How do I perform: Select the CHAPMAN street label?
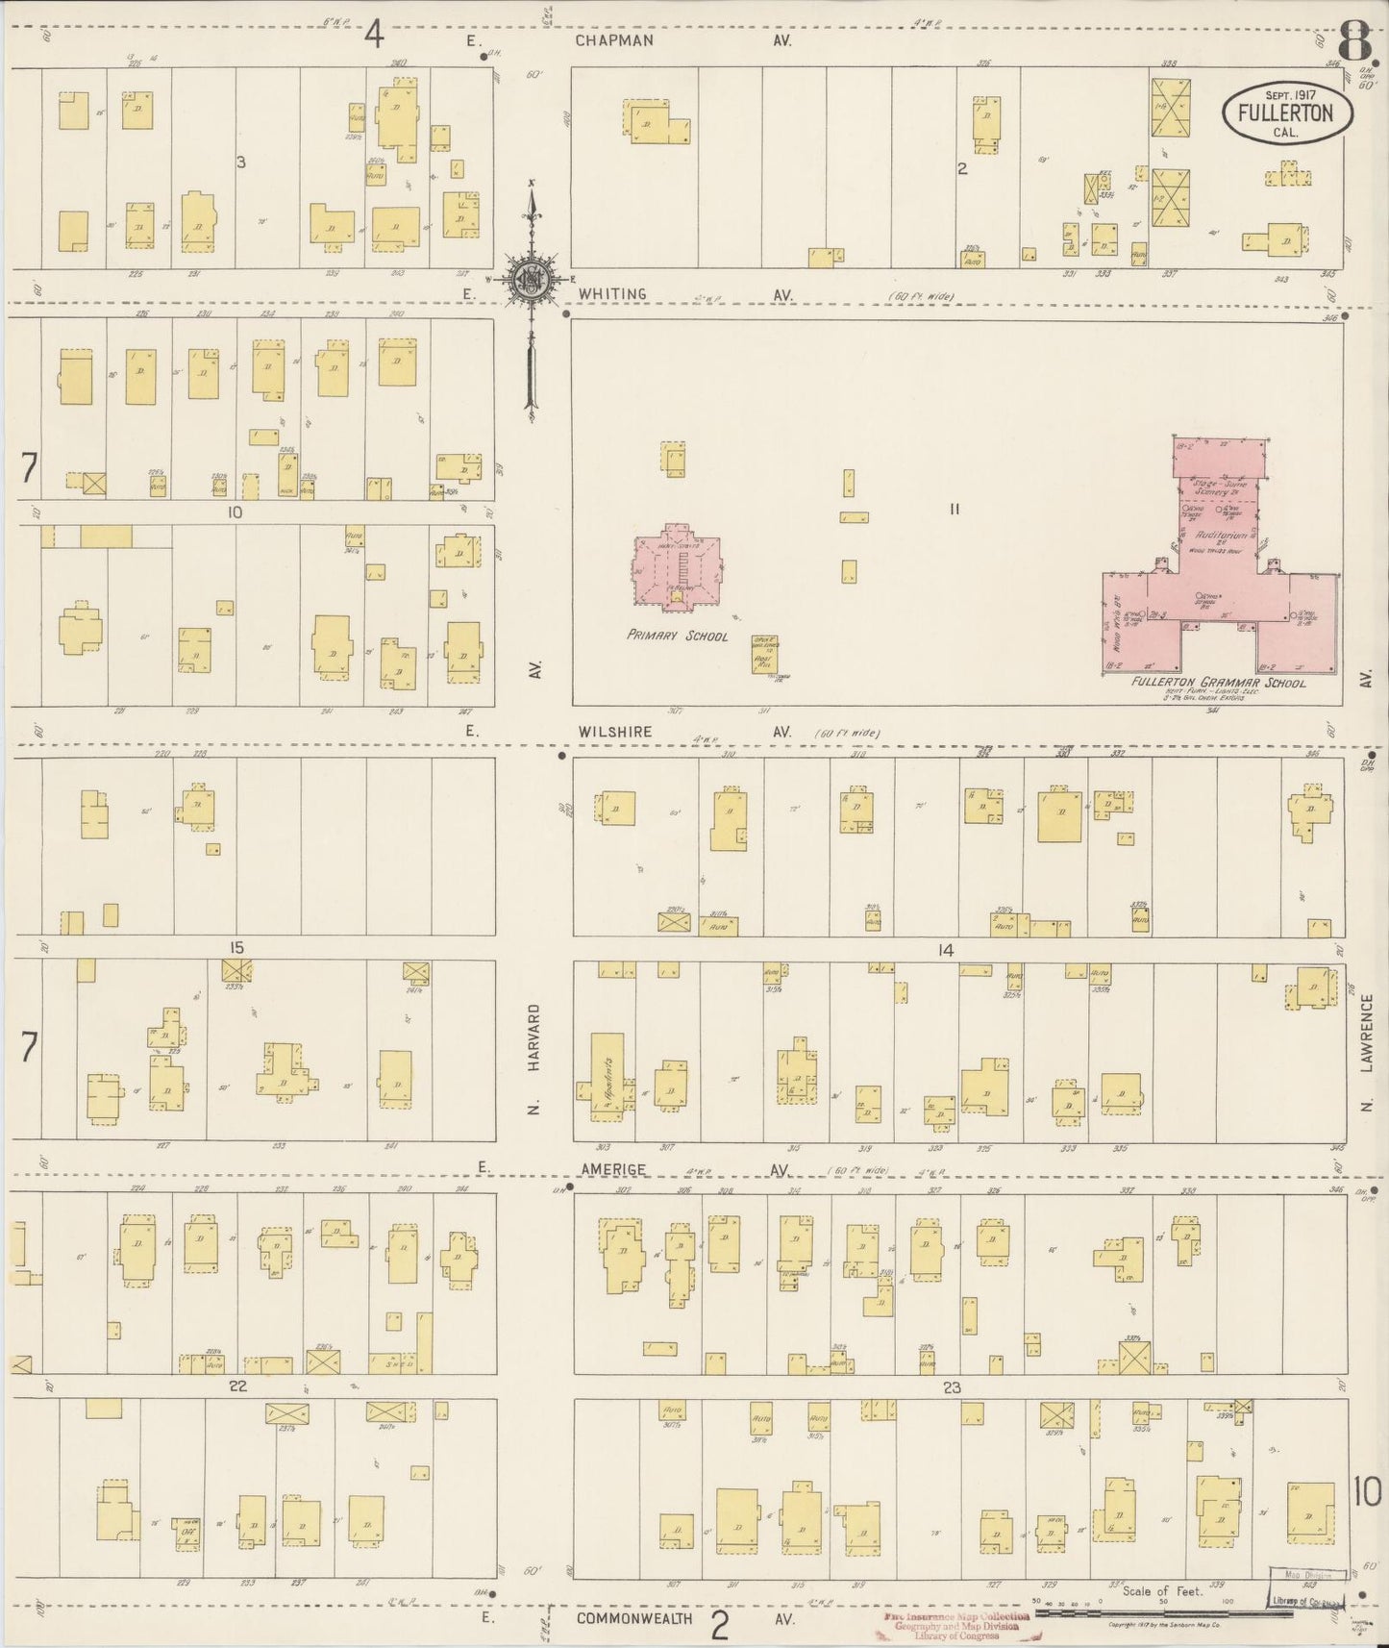614,40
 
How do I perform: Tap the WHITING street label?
612,294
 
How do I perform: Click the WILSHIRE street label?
614,732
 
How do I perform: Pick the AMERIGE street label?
611,1169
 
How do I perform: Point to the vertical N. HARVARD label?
535,1060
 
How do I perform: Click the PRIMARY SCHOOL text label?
677,636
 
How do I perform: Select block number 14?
945,950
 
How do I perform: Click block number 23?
952,1387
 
